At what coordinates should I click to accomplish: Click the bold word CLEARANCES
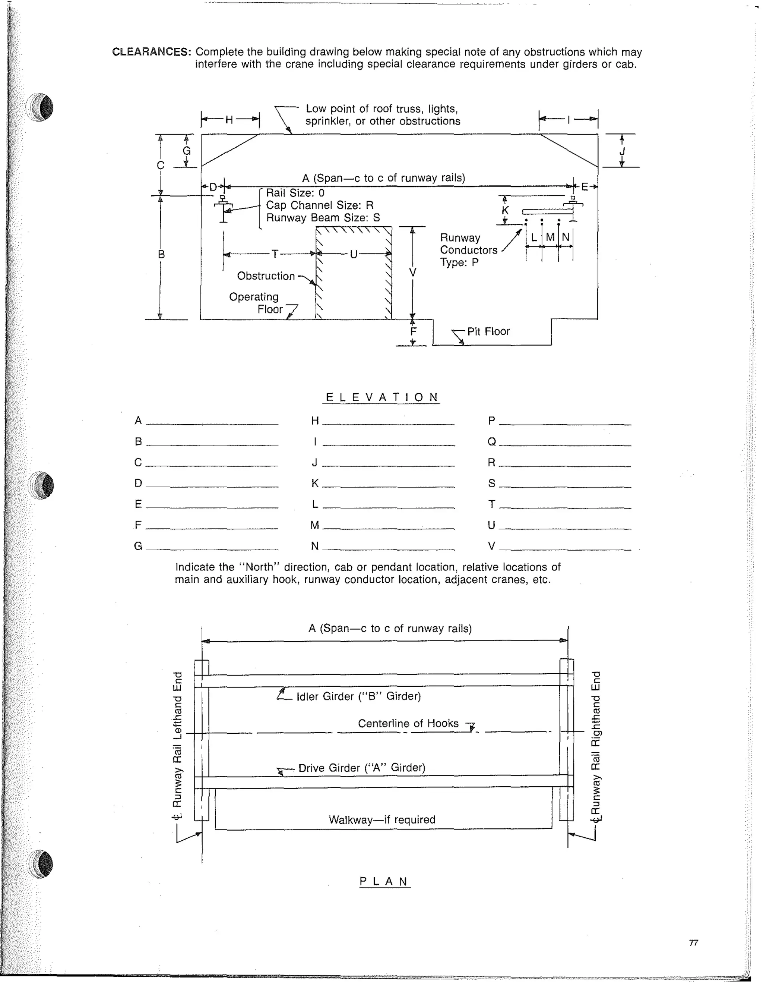[151, 52]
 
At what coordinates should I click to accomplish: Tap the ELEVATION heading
[381, 397]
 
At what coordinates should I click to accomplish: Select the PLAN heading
[384, 881]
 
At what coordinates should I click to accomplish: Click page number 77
[693, 943]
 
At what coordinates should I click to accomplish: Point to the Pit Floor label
[488, 331]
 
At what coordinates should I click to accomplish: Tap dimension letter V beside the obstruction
[412, 273]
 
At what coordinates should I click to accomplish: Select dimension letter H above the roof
[229, 120]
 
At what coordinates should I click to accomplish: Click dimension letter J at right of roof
[622, 151]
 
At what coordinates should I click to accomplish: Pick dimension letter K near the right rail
[505, 210]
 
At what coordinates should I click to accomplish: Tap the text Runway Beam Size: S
[323, 218]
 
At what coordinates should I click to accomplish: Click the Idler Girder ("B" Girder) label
[358, 696]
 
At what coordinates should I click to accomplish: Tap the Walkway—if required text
[382, 820]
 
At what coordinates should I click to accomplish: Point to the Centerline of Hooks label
[408, 724]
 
